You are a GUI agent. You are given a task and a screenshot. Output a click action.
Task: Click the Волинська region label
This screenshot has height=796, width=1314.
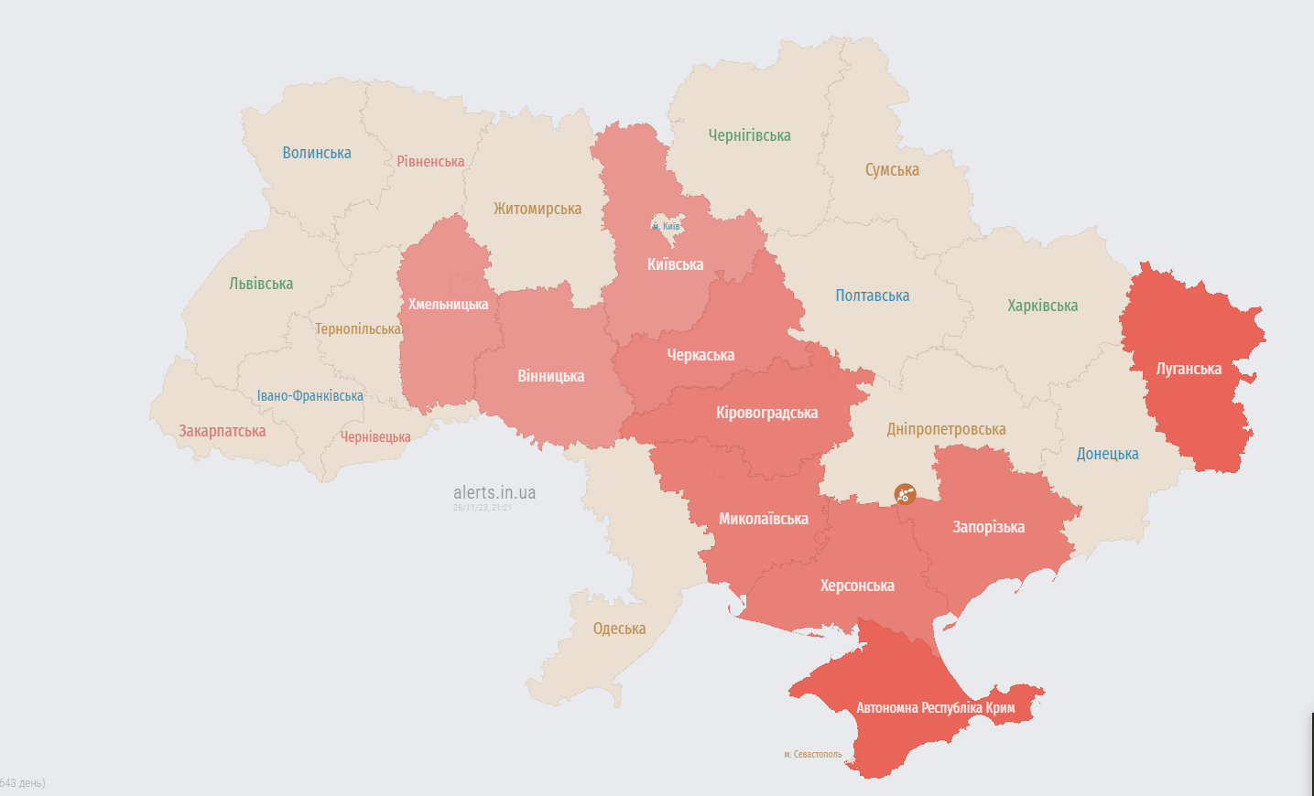click(x=317, y=153)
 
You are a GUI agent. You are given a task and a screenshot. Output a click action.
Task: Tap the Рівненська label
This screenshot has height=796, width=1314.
click(x=430, y=162)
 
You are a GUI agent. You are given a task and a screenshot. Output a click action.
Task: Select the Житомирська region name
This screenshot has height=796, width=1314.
click(x=538, y=209)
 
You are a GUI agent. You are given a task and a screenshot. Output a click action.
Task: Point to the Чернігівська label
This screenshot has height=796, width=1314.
click(x=749, y=135)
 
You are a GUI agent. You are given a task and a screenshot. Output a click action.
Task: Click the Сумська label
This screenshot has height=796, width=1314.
click(x=892, y=170)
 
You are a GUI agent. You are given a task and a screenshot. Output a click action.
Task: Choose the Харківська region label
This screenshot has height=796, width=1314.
click(x=1042, y=306)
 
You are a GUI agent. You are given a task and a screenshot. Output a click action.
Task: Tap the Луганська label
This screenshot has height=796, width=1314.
click(x=1189, y=369)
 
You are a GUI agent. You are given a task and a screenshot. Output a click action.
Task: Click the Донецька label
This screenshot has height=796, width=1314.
click(x=1107, y=454)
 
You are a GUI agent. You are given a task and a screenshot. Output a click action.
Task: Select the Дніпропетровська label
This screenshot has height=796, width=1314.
click(x=946, y=429)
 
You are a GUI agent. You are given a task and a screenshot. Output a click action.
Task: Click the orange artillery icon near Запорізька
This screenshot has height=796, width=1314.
click(x=905, y=494)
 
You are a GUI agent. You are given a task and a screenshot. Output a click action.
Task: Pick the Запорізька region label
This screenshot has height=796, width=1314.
click(x=988, y=527)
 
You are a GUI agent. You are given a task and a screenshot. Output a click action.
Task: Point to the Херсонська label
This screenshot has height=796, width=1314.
click(x=857, y=586)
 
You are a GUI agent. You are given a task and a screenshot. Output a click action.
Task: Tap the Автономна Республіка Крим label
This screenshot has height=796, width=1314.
click(x=935, y=707)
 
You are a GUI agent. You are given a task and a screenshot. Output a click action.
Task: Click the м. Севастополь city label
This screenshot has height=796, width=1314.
click(x=812, y=755)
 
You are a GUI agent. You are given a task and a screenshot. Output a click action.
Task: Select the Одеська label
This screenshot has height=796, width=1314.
click(x=619, y=629)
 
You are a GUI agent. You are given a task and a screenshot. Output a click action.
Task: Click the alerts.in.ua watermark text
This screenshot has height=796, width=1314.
click(x=494, y=493)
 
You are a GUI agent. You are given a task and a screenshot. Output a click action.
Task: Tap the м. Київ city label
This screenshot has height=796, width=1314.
click(x=667, y=226)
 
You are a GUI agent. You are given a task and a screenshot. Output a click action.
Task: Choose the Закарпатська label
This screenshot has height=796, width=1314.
click(x=222, y=431)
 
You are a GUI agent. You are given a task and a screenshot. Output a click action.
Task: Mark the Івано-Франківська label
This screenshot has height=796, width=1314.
click(x=309, y=396)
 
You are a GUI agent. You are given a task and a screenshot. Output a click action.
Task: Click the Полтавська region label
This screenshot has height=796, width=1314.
click(x=872, y=296)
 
